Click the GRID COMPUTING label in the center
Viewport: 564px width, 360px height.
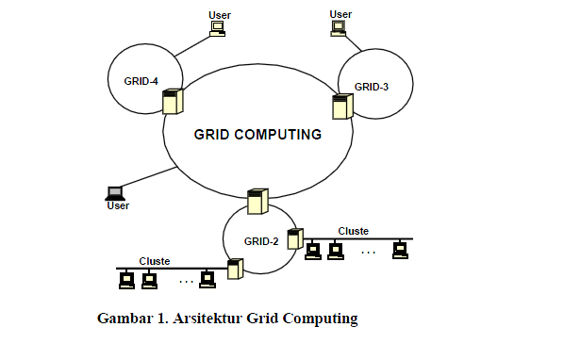(257, 134)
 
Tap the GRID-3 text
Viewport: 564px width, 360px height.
(371, 87)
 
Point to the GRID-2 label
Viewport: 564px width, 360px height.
(261, 241)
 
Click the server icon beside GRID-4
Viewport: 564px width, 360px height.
(172, 101)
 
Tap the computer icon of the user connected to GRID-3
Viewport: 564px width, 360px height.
(339, 28)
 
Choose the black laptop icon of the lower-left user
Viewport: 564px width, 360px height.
(115, 192)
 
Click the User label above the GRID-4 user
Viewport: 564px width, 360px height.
(219, 15)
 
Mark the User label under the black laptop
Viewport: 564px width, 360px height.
(118, 205)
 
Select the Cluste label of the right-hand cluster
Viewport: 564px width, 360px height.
(353, 231)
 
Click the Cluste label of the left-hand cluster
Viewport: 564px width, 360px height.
(155, 261)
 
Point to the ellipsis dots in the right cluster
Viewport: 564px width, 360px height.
(368, 252)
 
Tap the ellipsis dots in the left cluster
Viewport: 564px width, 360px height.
(186, 281)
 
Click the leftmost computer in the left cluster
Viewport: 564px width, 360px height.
(126, 279)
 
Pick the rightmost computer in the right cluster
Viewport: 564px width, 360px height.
(400, 250)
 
